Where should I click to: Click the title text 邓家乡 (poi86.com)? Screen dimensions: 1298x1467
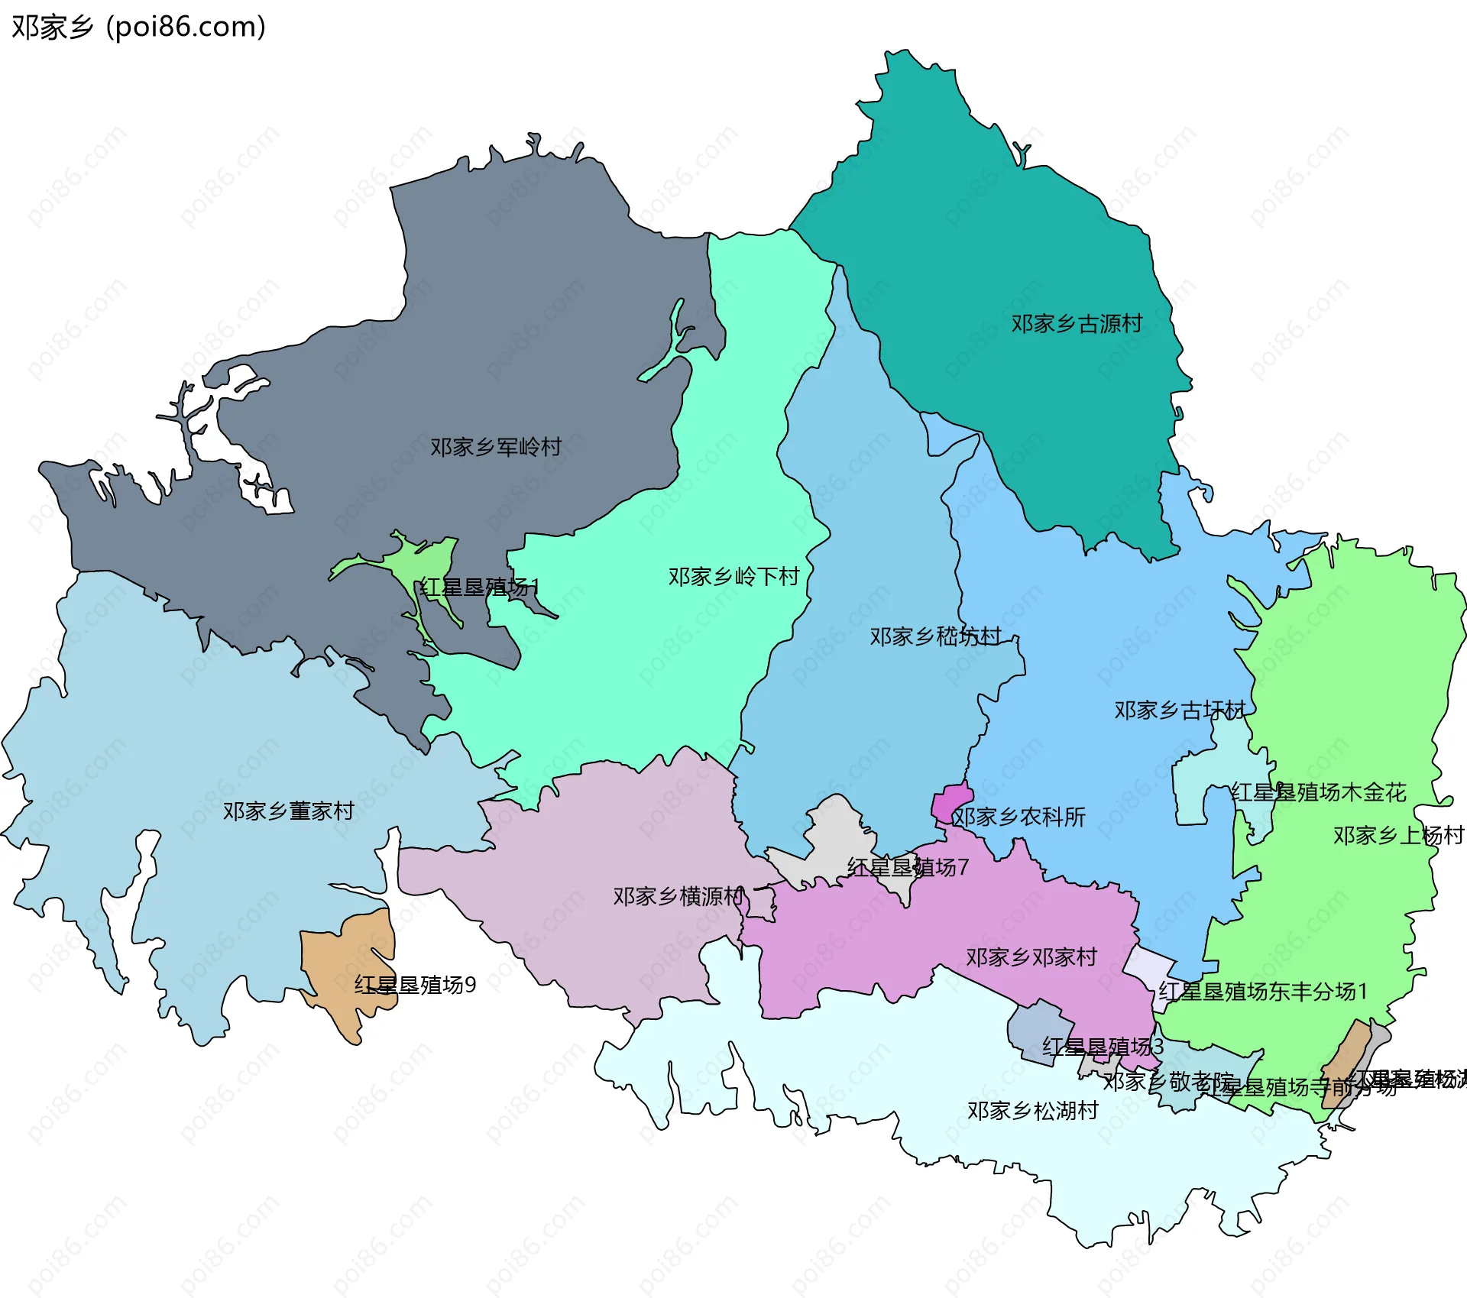(138, 27)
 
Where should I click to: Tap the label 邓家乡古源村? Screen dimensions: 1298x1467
(1077, 324)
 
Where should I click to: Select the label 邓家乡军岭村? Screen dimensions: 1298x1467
(496, 447)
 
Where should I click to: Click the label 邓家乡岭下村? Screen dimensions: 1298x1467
(733, 576)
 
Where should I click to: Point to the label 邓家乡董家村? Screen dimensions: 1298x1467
(289, 811)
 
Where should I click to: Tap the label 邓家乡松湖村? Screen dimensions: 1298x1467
(1032, 1110)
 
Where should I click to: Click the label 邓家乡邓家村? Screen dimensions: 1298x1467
(1031, 957)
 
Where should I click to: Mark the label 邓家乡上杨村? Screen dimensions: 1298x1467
(1397, 835)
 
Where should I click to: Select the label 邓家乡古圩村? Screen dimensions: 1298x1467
(1179, 711)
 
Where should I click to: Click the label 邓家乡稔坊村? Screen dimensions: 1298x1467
(935, 636)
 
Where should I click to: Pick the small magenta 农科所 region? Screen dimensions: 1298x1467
(950, 802)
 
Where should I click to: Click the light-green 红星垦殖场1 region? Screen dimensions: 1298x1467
(428, 562)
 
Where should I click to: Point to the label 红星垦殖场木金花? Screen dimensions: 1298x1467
(1318, 792)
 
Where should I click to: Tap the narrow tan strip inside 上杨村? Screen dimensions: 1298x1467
(1347, 1062)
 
